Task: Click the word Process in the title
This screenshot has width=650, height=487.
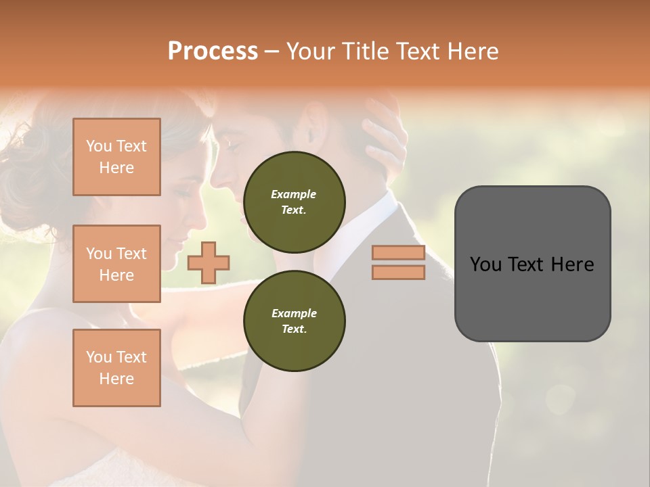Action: point(213,51)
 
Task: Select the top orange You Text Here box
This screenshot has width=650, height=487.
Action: point(116,157)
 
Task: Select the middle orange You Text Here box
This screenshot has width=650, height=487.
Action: point(116,264)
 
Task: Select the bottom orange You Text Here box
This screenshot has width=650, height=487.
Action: point(116,368)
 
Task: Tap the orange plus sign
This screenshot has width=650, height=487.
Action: point(209,262)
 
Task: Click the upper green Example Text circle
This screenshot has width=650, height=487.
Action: point(294,202)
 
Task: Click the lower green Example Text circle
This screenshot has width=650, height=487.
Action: point(294,321)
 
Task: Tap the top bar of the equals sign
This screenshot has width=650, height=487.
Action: point(398,253)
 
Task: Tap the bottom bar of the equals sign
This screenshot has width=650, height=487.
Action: point(398,273)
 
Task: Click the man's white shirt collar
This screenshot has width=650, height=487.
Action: point(383,206)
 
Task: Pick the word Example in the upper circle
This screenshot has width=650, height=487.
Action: point(294,194)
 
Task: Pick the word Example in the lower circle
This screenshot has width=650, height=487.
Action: point(294,313)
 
